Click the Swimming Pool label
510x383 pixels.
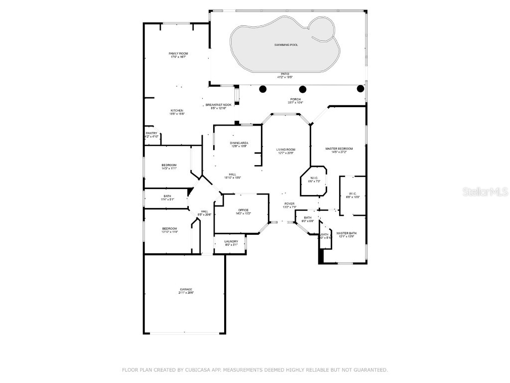[286, 45]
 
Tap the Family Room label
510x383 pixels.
[178, 53]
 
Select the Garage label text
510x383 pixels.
[186, 289]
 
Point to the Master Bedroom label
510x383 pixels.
[339, 149]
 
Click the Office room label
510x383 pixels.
[244, 210]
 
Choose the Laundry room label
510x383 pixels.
[232, 241]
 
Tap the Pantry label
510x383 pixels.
[152, 133]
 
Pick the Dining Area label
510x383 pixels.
[239, 143]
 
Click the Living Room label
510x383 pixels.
[286, 150]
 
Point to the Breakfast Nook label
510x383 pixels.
[219, 105]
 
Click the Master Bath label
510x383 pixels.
[346, 233]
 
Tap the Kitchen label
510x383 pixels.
[177, 111]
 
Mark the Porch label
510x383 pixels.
[295, 99]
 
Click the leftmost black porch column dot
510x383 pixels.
[263, 89]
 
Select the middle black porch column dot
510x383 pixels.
[303, 89]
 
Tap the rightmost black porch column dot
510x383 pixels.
[361, 89]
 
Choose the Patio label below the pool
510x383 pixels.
[285, 74]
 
